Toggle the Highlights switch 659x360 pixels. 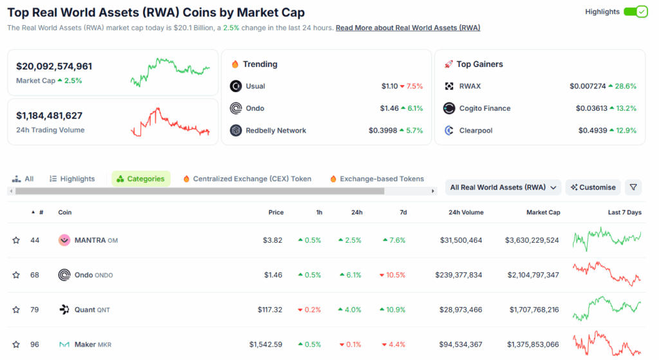635,12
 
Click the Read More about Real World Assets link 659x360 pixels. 407,28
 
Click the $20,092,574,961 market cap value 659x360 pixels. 54,66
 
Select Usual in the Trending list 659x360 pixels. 255,86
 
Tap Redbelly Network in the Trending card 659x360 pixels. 275,131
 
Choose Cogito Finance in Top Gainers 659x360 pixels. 485,108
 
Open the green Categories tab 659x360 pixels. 141,179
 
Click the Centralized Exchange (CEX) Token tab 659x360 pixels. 252,179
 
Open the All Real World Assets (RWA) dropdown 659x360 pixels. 503,187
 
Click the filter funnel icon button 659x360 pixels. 634,187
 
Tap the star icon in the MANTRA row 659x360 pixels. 16,240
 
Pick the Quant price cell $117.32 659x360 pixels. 270,310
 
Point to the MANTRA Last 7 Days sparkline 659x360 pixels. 607,240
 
